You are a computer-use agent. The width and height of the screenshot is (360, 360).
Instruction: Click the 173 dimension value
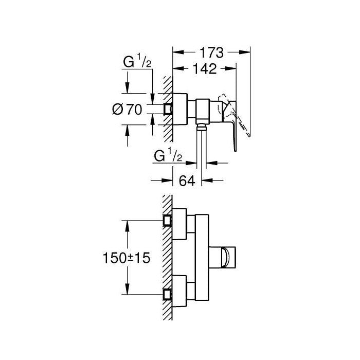(211, 52)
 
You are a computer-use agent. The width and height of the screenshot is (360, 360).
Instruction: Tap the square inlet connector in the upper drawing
(168, 109)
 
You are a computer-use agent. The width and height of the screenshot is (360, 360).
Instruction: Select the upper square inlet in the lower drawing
(167, 220)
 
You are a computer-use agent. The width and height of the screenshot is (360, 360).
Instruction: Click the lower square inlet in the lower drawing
(167, 294)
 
